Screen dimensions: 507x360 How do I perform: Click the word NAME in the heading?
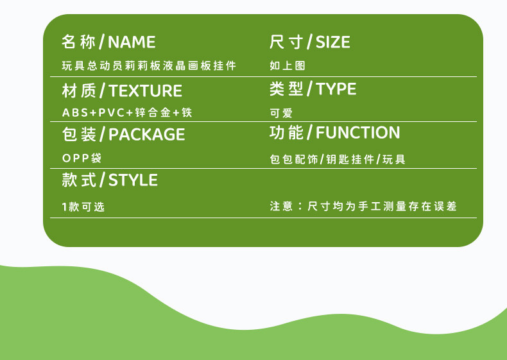pos(132,42)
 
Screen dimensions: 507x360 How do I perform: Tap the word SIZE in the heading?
pos(332,42)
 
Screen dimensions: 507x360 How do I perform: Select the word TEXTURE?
pos(145,90)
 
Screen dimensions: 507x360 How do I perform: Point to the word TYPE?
pos(336,89)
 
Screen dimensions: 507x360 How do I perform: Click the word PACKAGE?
pos(147,135)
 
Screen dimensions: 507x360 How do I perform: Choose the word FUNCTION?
pos(357,133)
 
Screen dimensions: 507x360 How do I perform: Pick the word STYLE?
pos(133,180)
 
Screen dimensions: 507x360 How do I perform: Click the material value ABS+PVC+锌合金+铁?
pos(127,112)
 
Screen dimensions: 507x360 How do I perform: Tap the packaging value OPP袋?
pos(82,158)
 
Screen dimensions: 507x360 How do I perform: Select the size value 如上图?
pos(288,65)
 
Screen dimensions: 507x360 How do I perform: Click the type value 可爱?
pos(281,113)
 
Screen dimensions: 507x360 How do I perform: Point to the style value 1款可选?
pos(83,207)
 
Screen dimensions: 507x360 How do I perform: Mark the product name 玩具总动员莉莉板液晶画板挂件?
pos(149,65)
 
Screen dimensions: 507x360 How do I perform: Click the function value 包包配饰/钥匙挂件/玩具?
pos(338,159)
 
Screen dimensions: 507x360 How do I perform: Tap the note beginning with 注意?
pos(363,206)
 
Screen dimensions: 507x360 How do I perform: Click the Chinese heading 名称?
pos(78,42)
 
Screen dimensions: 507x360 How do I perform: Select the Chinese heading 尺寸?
pos(286,42)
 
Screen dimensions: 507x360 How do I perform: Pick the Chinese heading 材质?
pos(79,90)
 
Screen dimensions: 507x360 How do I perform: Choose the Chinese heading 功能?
pos(286,133)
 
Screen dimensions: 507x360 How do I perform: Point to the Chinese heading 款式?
pos(79,180)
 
